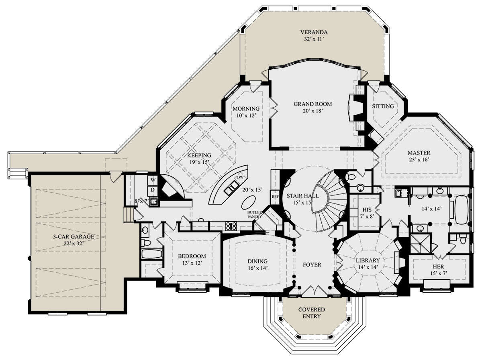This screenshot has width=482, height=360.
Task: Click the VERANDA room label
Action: click(314, 32)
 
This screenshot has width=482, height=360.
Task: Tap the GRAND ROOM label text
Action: click(312, 104)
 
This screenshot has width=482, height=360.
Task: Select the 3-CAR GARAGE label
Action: click(74, 236)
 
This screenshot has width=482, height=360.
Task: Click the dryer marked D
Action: click(153, 190)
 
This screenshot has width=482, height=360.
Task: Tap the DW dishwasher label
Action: click(240, 177)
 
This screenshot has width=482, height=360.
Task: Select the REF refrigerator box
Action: click(275, 197)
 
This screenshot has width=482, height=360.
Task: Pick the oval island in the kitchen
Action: click(248, 202)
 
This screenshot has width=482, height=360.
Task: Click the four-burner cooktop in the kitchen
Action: click(231, 226)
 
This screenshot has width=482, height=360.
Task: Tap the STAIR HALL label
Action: click(302, 195)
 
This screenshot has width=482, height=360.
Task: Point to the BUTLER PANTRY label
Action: click(255, 215)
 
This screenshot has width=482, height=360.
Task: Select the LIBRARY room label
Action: click(368, 260)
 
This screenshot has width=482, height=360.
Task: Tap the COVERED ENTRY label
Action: click(312, 313)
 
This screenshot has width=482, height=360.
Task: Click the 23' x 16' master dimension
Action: click(419, 159)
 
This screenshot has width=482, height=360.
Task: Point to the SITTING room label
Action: click(383, 106)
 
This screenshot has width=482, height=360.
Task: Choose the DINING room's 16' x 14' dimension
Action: click(257, 268)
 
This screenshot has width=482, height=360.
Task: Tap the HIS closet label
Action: click(367, 209)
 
